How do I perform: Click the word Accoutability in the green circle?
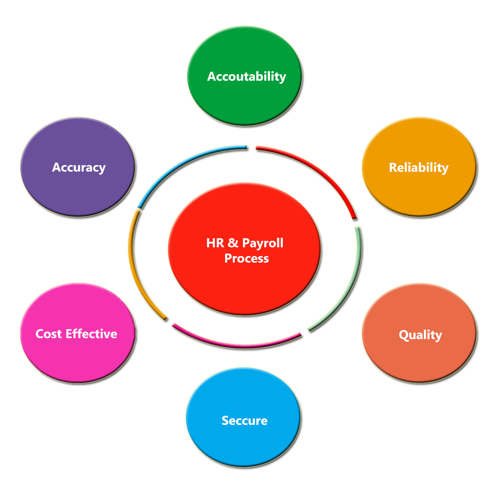246,76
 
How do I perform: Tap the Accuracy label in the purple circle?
79,167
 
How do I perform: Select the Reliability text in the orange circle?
418,167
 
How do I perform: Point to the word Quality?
420,335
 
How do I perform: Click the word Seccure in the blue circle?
245,420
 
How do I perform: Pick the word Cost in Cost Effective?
48,334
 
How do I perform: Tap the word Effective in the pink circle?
91,334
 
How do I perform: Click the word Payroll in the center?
262,243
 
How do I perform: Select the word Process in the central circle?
246,258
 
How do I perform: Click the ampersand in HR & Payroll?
233,243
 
